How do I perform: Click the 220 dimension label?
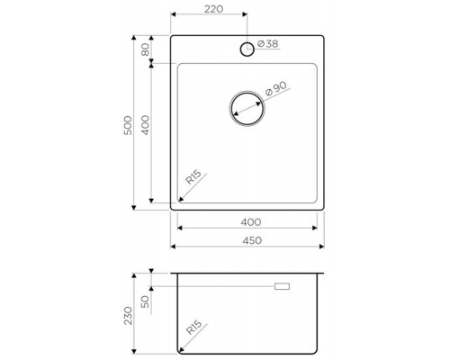coord(214,9)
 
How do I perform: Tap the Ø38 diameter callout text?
coord(268,44)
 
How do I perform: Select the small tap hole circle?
coord(247,49)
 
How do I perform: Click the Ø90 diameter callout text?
coord(276,88)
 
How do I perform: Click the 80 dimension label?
coord(145,49)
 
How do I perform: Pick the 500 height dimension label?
coord(128,125)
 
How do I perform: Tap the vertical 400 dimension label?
coord(145,125)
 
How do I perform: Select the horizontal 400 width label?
coord(251,222)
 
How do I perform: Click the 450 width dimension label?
coord(252,240)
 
